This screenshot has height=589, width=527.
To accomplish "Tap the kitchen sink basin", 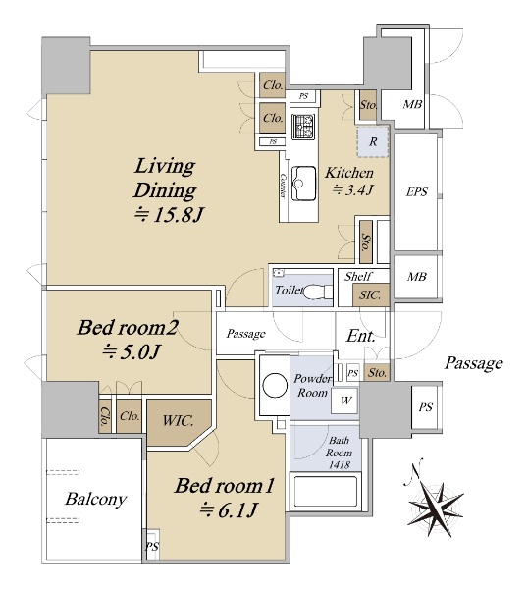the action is tap(303, 184).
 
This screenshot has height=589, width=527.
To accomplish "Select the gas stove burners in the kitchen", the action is tap(303, 127).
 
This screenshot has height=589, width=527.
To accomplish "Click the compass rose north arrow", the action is tap(436, 504).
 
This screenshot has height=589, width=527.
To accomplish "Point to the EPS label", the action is tap(416, 192).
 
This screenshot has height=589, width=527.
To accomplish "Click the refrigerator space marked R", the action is tap(372, 141).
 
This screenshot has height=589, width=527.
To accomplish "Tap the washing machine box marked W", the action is tap(344, 401).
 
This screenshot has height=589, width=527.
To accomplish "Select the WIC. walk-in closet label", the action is tap(178, 420).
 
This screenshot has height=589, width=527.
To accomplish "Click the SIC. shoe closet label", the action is tap(370, 294).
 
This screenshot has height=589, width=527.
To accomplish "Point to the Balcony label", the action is tap(96, 500).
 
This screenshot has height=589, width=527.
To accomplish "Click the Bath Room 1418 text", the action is tap(339, 453).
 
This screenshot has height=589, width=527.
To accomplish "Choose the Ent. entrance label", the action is tap(360, 336).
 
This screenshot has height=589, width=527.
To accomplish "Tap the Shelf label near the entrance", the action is tap(358, 277).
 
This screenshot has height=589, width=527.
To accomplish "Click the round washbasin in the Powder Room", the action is tap(275, 386).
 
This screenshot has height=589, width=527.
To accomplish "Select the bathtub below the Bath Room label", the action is tap(325, 492).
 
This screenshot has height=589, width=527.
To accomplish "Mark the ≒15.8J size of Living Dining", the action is tap(170, 215).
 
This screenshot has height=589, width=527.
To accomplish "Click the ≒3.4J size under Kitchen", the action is tap(352, 189).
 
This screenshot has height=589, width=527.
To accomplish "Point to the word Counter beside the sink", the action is tap(283, 186).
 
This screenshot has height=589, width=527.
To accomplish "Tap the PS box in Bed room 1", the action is tap(152, 546).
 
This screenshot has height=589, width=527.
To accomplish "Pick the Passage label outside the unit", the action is tap(474, 363).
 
